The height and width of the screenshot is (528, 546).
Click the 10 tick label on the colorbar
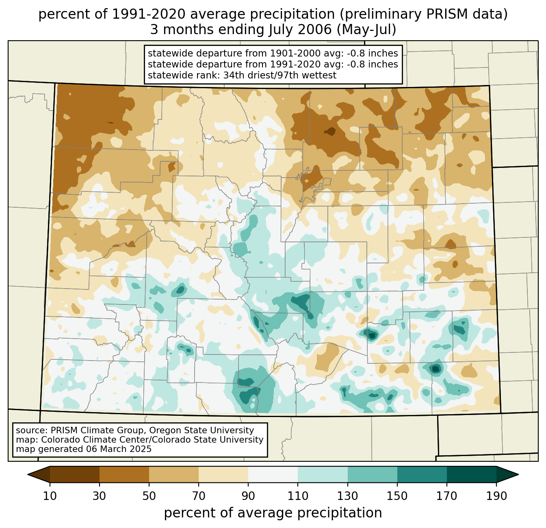pos(50,496)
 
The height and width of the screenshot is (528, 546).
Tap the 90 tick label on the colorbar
pos(248,496)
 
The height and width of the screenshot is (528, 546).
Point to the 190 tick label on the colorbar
pos(496,496)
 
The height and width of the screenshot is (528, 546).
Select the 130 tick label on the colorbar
pos(348,496)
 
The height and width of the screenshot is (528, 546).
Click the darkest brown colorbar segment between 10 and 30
pos(75,474)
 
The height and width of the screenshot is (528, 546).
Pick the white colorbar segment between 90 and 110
pos(273,474)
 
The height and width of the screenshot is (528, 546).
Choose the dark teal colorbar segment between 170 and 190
pos(472,474)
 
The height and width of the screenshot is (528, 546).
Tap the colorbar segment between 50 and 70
pos(174,474)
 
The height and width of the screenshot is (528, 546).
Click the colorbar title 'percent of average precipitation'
pos(273,513)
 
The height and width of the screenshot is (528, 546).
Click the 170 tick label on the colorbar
pos(447,496)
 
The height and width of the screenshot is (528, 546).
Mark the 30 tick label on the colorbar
pos(100,496)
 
